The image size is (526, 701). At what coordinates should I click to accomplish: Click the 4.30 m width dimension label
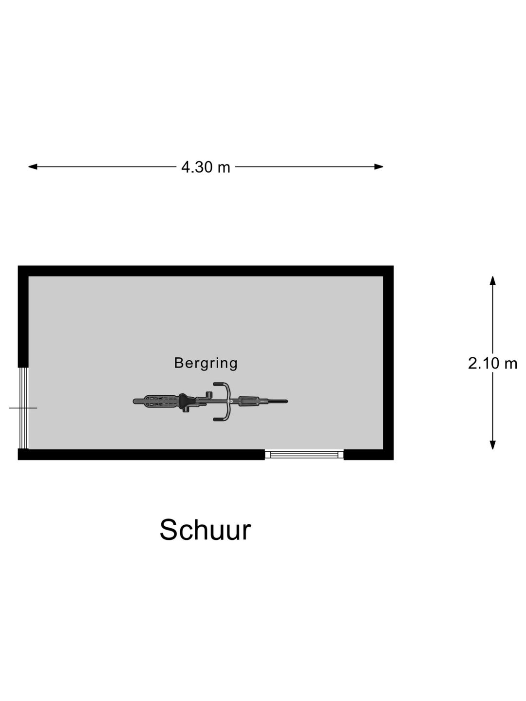[x=206, y=167]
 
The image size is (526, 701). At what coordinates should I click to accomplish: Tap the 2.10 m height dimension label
[x=492, y=363]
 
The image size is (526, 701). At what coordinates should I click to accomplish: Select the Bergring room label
[x=206, y=363]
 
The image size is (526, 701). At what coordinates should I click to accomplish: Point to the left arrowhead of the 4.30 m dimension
[x=33, y=166]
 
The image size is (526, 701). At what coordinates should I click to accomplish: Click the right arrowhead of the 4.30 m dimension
[x=379, y=166]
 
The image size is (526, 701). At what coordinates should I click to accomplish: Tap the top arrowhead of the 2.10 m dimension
[x=493, y=280]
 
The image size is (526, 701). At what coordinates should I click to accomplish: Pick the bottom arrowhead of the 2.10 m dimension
[x=493, y=445]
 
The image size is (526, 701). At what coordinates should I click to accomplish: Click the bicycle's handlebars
[x=228, y=402]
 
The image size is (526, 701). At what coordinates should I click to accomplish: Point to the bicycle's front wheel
[x=263, y=401]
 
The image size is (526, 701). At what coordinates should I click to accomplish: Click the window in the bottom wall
[x=304, y=455]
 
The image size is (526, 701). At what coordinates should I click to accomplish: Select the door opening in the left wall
[x=23, y=408]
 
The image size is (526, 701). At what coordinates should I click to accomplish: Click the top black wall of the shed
[x=206, y=271]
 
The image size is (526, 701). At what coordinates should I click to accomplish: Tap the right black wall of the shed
[x=388, y=363]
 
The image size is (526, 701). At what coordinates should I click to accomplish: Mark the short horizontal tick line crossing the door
[x=23, y=408]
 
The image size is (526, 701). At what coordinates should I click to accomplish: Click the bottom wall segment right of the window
[x=369, y=455]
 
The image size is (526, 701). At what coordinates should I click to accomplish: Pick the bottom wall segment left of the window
[x=141, y=455]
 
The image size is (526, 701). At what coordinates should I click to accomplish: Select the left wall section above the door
[x=23, y=316]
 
